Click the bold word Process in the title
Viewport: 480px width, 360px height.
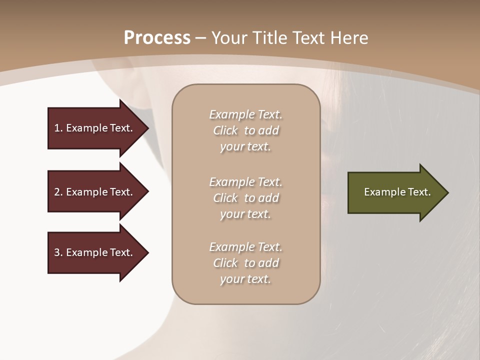(x=157, y=38)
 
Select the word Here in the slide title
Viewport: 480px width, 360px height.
(x=348, y=38)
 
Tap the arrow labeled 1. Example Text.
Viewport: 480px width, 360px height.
(x=95, y=128)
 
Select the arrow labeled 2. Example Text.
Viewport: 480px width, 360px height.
(x=95, y=192)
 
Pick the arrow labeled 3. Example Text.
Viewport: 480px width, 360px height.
(x=95, y=252)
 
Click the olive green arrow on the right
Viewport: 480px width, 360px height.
(x=395, y=192)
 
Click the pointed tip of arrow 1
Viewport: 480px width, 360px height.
(x=147, y=128)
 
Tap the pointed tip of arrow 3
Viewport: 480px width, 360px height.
(x=147, y=252)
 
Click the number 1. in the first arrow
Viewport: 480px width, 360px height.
(x=58, y=128)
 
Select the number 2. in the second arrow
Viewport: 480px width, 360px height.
(x=58, y=192)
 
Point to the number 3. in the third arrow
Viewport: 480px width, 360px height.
(x=58, y=252)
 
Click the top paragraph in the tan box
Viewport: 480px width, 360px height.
(x=245, y=130)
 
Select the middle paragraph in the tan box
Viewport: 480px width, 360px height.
(x=245, y=198)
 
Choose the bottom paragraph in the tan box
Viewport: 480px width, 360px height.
(x=245, y=263)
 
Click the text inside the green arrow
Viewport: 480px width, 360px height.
(x=397, y=192)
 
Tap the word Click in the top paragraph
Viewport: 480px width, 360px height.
(x=225, y=131)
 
